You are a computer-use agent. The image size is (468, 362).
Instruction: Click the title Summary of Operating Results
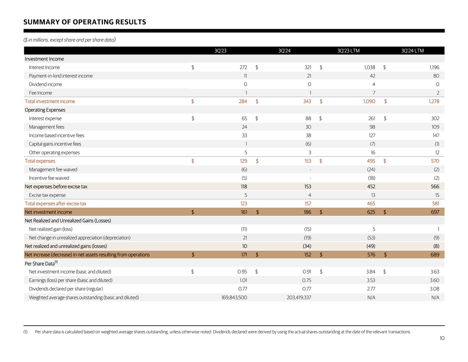point(85,22)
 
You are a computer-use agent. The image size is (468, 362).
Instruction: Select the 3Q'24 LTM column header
point(412,51)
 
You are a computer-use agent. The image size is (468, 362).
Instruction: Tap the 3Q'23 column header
point(220,51)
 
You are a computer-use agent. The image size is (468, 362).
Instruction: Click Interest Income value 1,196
point(434,67)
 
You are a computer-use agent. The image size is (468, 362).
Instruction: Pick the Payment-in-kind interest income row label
point(61,76)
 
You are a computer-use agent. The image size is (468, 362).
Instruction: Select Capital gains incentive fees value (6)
point(308,144)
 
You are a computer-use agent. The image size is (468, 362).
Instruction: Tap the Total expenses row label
point(40,161)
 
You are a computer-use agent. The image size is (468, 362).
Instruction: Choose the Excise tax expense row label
point(47,195)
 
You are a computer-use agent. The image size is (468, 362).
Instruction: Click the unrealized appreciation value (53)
point(371,238)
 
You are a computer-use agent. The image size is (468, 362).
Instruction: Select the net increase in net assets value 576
point(371,255)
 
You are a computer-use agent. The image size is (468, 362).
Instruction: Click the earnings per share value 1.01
point(242,280)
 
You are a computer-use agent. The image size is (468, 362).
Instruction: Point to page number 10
point(442,338)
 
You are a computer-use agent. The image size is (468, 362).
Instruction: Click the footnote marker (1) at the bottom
point(26,332)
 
